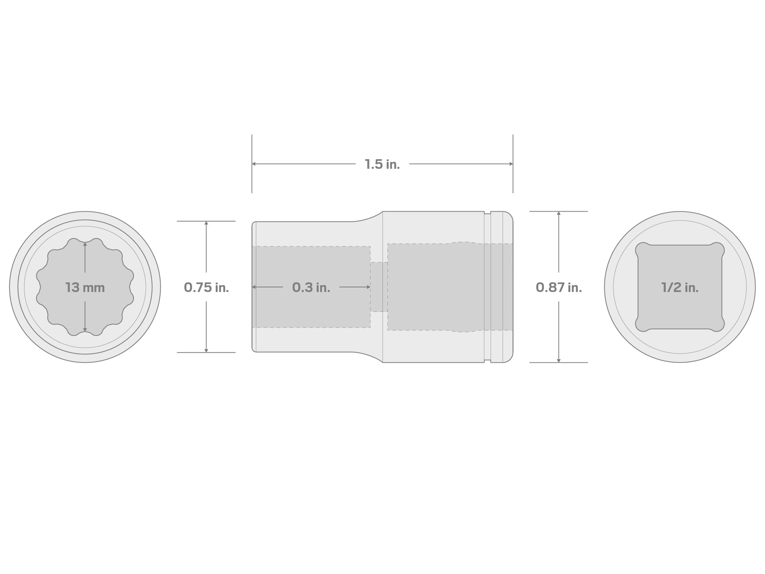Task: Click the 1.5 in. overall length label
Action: tap(382, 164)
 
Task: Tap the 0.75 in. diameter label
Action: tap(206, 287)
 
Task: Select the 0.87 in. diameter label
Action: tap(559, 287)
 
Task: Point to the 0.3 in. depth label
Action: tap(311, 287)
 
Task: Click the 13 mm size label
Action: tap(85, 287)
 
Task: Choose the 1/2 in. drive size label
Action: tap(680, 287)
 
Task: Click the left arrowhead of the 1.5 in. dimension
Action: tap(254, 164)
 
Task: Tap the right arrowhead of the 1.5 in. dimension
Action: tap(511, 164)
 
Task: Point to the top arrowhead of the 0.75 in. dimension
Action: tap(206, 223)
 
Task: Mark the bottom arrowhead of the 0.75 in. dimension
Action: tap(206, 350)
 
